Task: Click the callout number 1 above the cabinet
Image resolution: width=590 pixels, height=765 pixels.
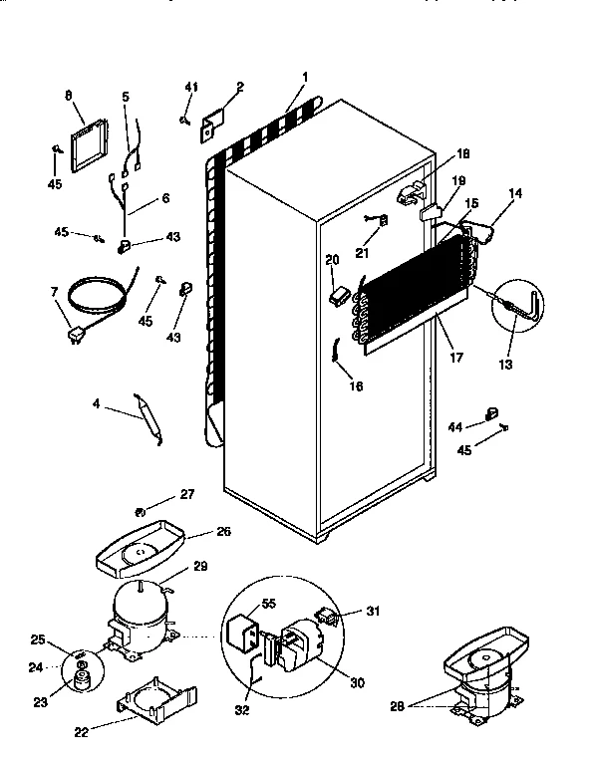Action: (305, 77)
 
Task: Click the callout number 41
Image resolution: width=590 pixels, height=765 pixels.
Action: (190, 88)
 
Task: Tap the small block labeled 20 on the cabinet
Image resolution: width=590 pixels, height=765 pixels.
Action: (340, 294)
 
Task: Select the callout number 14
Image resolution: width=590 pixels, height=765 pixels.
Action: (515, 197)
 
